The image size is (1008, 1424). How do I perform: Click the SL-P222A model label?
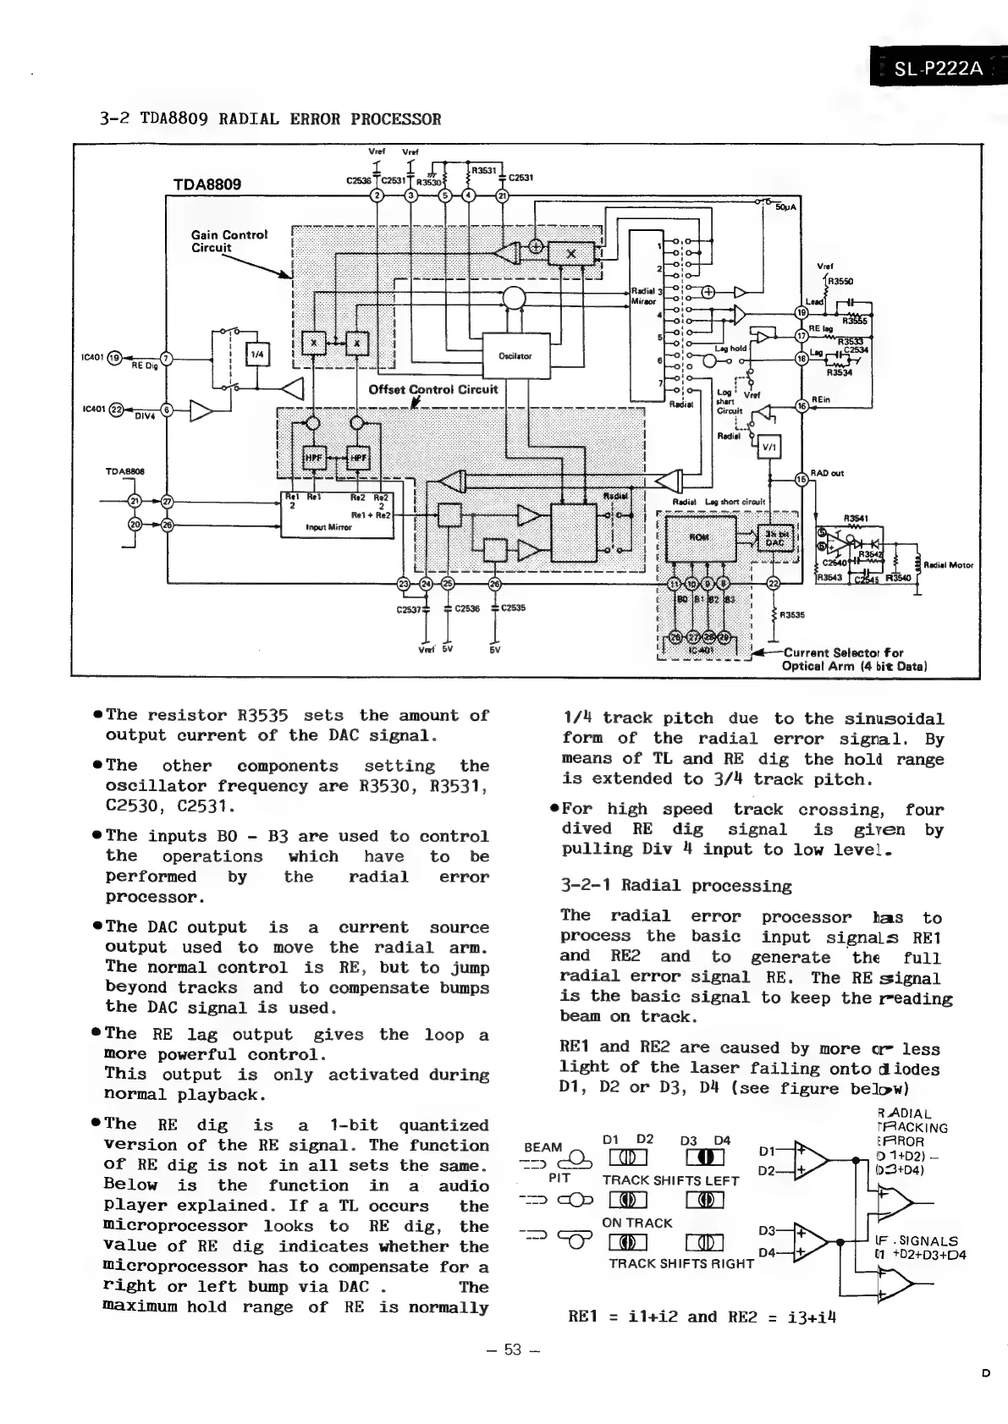point(938,69)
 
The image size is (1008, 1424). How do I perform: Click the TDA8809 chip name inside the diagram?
point(207,184)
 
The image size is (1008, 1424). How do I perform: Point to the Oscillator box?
point(515,355)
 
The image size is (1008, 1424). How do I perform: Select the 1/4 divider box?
point(256,355)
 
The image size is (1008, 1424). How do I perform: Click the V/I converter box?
point(770,446)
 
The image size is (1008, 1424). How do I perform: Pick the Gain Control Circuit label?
point(229,241)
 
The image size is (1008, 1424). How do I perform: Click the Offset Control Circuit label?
point(433,390)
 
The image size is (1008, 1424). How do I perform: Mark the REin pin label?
point(820,399)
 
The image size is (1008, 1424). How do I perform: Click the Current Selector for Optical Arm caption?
point(854,658)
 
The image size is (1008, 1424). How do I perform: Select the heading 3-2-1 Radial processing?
point(676,886)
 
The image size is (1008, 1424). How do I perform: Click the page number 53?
point(513,1350)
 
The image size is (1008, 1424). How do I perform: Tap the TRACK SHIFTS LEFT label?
point(670,1180)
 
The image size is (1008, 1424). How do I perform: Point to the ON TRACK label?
point(636,1223)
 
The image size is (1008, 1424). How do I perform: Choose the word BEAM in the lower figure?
point(543,1147)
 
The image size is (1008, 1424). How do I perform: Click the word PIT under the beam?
point(559,1177)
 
